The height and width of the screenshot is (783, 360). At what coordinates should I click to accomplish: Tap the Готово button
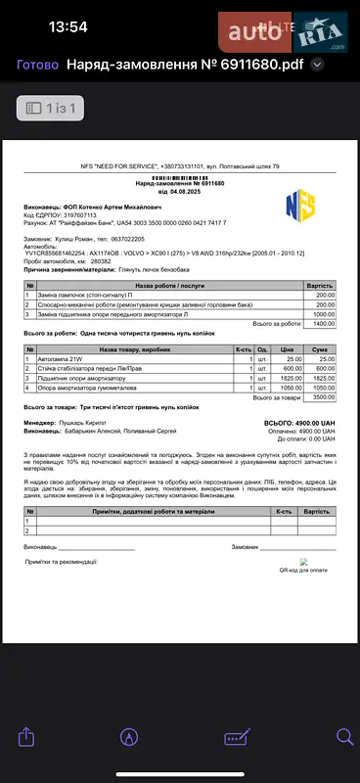tap(37, 66)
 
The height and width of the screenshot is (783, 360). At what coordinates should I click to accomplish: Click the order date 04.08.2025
tap(185, 191)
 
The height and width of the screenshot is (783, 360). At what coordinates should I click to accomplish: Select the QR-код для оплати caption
tap(302, 569)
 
